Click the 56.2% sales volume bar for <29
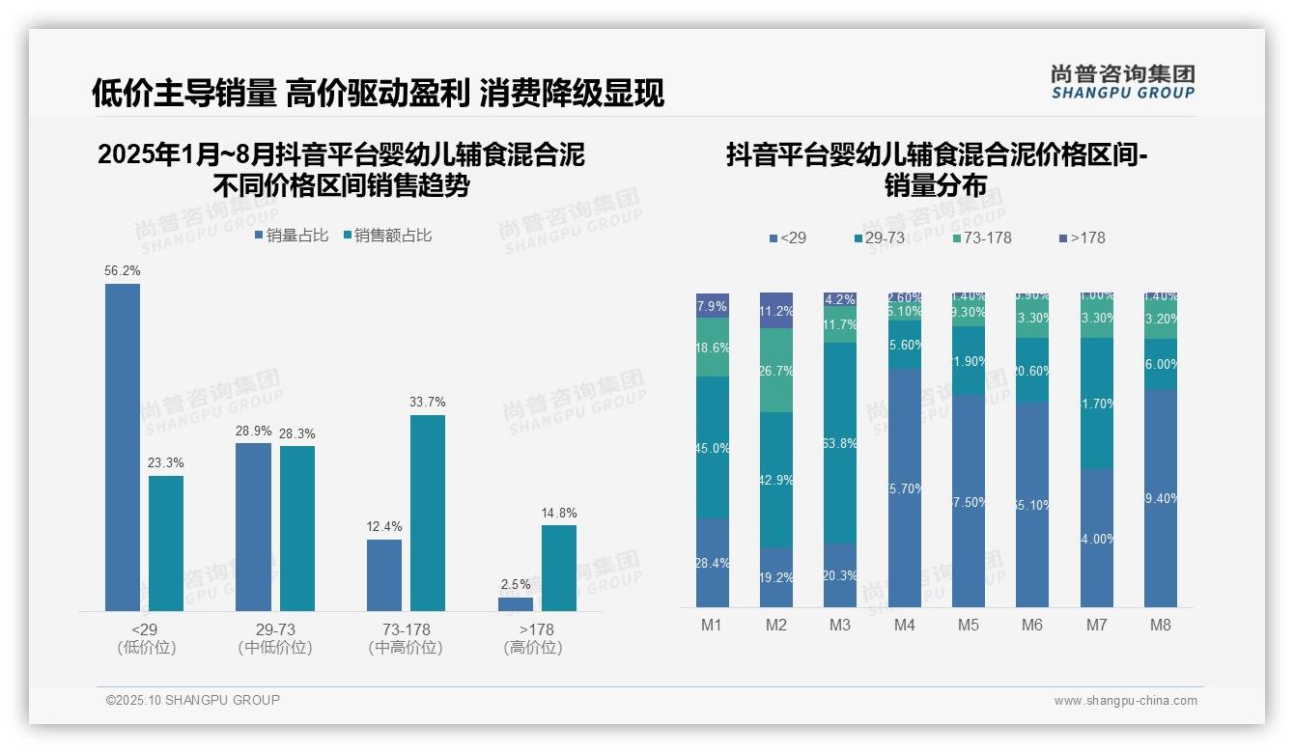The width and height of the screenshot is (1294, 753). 123,447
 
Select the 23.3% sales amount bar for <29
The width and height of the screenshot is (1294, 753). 166,543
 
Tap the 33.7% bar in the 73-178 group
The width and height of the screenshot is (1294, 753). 428,513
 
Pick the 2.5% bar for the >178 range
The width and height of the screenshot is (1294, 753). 516,604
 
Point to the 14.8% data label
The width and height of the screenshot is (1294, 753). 559,513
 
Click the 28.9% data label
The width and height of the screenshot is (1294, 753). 253,431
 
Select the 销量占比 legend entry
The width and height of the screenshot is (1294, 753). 292,236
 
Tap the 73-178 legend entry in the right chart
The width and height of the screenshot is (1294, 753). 982,237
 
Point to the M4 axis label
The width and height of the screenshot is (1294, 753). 904,625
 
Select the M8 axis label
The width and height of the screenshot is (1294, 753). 1161,625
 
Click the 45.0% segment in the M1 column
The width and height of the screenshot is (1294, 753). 713,447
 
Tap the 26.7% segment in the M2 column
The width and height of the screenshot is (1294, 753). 776,371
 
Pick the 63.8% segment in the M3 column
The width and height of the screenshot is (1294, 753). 840,443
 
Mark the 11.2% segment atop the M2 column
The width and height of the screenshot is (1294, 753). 776,311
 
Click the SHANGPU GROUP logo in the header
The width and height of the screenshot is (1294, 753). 1123,82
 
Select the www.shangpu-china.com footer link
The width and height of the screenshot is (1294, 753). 1125,701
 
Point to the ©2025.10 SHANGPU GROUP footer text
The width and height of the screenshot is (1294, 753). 193,700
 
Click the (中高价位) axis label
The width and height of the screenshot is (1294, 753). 406,648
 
